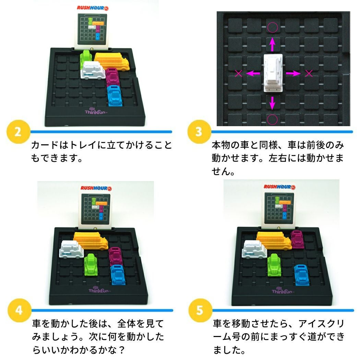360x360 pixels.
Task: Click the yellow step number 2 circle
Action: point(19,132)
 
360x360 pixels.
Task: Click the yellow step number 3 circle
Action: point(199,132)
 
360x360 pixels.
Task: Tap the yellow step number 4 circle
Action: point(20,310)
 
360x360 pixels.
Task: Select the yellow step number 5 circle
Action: point(200,310)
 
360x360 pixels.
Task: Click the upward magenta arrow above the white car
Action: point(272,45)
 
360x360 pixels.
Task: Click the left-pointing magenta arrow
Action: point(253,73)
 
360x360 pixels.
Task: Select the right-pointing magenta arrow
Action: point(293,73)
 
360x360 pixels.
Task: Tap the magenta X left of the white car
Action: point(239,73)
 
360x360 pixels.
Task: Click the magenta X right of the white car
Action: point(309,73)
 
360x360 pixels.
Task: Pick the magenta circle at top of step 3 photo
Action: point(273,27)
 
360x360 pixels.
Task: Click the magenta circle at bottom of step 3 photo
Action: point(273,120)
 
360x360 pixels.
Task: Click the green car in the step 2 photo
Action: point(85,59)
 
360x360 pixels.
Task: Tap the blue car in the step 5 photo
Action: point(301,275)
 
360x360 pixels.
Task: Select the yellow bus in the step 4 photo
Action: point(91,241)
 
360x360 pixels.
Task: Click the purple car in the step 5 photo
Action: point(297,239)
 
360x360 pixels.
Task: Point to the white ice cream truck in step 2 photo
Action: point(93,70)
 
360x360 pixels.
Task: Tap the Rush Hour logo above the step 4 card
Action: point(96,188)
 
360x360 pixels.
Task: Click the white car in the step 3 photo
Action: point(273,73)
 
